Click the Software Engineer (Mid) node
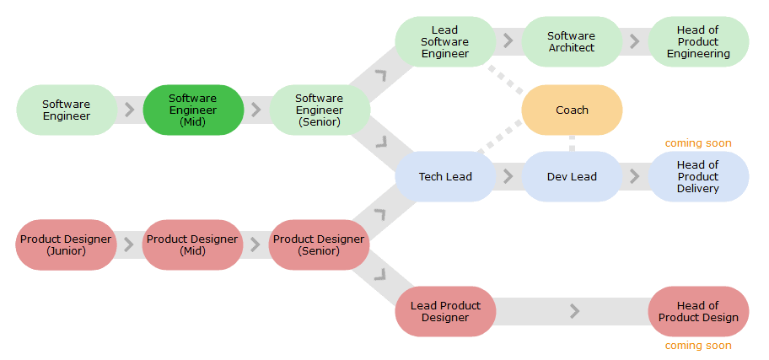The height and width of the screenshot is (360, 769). tap(193, 110)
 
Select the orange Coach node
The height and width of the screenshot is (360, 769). tap(572, 110)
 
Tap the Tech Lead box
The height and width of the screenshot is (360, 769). tap(445, 176)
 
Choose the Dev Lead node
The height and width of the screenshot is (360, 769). tap(572, 176)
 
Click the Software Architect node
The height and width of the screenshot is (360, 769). tap(572, 41)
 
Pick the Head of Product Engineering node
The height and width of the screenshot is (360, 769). tap(698, 41)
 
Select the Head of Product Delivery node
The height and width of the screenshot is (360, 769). tap(698, 176)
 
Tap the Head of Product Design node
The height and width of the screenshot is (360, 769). tap(698, 311)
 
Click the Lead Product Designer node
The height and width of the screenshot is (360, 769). tap(445, 311)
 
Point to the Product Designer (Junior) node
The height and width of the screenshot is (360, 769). tap(66, 244)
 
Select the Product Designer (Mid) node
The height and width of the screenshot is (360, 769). tap(192, 244)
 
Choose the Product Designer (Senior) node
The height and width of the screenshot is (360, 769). tap(319, 244)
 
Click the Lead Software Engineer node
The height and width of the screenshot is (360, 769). tap(445, 41)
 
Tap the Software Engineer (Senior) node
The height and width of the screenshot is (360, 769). tap(320, 110)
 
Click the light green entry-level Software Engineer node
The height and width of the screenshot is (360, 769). tap(67, 110)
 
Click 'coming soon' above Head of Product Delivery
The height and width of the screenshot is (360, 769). tap(698, 143)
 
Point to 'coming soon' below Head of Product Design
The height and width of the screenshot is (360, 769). tap(698, 346)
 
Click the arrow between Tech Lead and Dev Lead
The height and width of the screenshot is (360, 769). tap(508, 176)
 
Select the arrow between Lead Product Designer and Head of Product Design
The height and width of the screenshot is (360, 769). tap(574, 311)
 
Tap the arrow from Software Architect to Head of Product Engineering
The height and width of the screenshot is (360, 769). tap(635, 41)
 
